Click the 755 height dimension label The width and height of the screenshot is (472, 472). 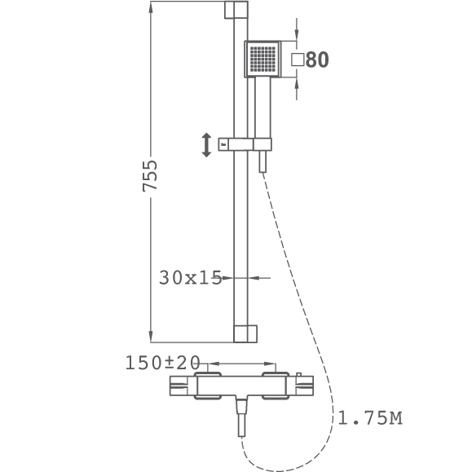coord(150,176)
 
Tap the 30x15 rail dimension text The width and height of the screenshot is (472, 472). coord(190,277)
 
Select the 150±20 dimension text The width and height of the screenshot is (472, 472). coord(162,363)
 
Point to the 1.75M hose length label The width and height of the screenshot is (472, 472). coord(370,418)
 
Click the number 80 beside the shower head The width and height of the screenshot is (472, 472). coord(317,60)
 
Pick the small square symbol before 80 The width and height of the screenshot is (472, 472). coord(298,60)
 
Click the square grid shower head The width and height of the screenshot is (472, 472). coord(262,59)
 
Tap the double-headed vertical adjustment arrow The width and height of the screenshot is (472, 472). coord(206,145)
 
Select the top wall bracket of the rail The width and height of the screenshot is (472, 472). coord(236,10)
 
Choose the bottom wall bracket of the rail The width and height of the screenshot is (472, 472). coord(245,334)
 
